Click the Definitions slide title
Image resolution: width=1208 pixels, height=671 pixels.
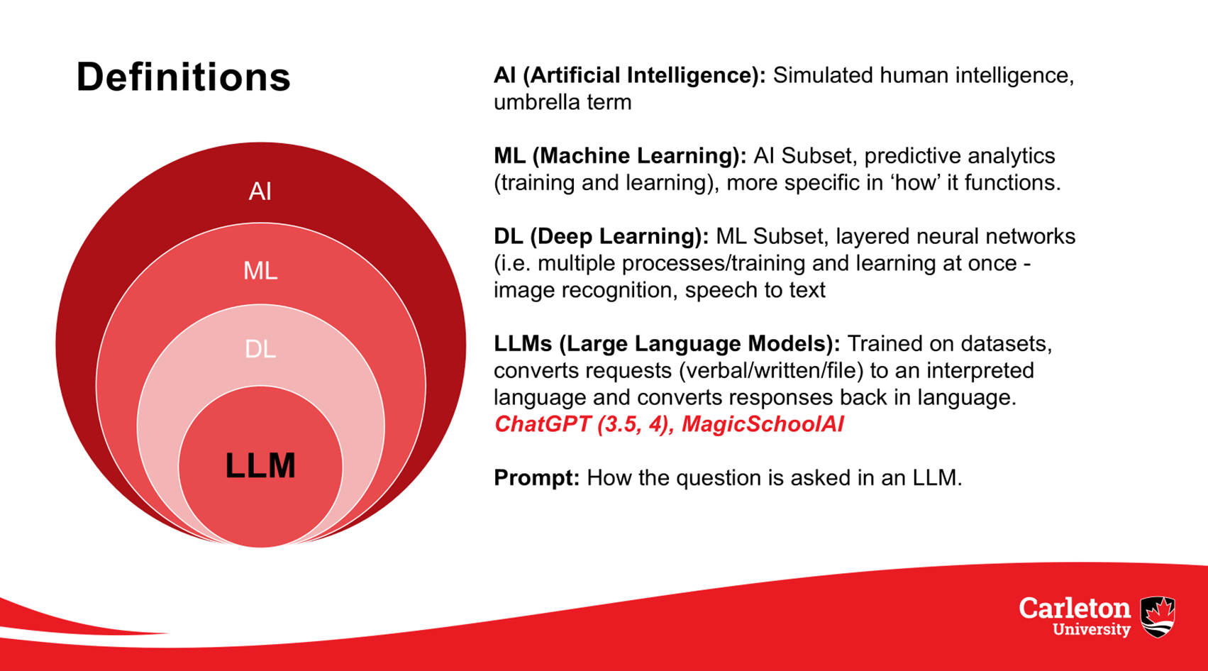tap(183, 77)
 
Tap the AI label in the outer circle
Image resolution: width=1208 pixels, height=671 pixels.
tap(260, 192)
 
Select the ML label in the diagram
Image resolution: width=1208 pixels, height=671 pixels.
tap(260, 270)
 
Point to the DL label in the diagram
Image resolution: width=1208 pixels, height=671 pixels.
tap(260, 349)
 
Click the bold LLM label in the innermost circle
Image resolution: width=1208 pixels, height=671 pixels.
tap(260, 465)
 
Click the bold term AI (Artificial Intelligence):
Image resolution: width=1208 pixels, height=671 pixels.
tap(629, 75)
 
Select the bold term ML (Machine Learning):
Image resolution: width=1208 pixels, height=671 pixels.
tap(620, 156)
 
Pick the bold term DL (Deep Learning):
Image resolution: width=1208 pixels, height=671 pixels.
tap(602, 236)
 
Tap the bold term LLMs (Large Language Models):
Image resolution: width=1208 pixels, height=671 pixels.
tap(667, 343)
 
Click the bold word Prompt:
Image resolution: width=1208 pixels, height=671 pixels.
tap(536, 478)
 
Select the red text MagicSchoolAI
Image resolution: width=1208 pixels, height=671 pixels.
tap(763, 424)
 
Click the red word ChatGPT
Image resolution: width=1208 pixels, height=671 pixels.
tap(543, 424)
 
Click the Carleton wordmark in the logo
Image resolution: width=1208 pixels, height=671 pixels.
tap(1074, 609)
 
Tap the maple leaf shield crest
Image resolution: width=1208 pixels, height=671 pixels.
tap(1158, 617)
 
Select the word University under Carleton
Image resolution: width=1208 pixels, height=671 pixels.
tap(1092, 629)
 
